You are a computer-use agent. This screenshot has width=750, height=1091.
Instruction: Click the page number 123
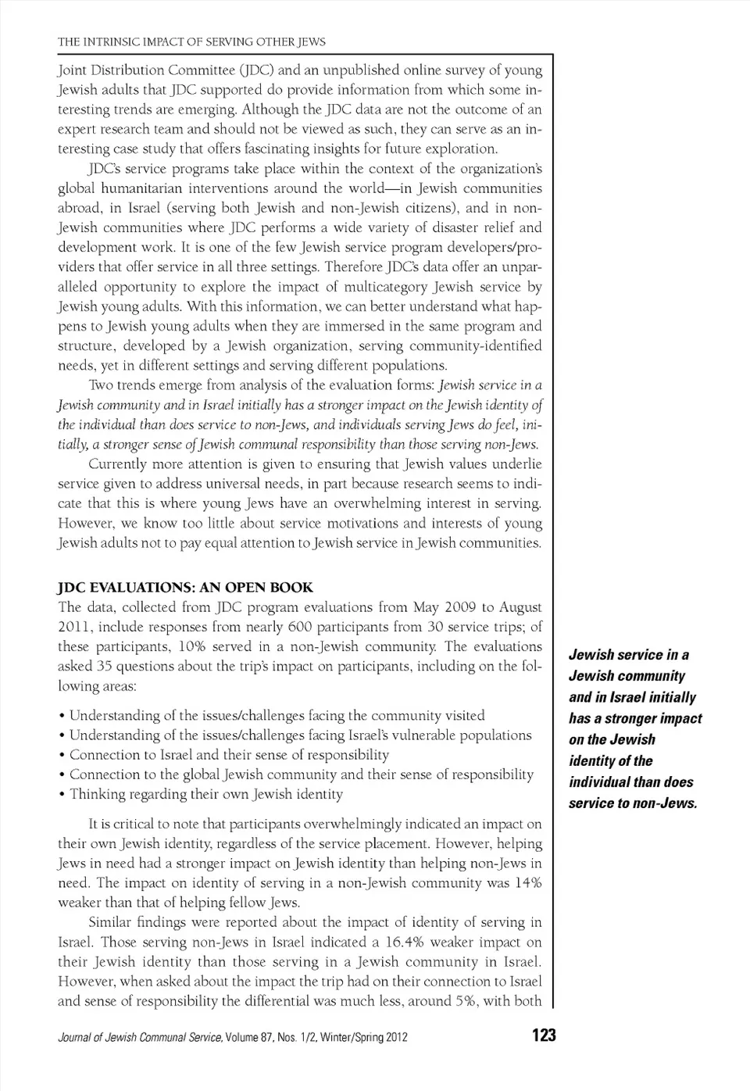click(543, 1036)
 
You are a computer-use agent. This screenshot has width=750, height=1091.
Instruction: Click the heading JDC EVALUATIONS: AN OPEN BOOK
click(185, 588)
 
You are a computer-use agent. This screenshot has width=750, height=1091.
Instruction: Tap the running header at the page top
click(191, 41)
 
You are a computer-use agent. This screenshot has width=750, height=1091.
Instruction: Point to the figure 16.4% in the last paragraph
click(407, 942)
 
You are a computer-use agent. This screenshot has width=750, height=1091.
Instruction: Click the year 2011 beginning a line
click(73, 627)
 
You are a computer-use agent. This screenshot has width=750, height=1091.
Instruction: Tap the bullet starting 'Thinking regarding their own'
click(205, 794)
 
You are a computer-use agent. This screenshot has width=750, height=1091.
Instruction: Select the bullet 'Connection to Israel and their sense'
click(229, 755)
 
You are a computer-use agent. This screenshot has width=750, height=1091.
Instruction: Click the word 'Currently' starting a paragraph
click(117, 464)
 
